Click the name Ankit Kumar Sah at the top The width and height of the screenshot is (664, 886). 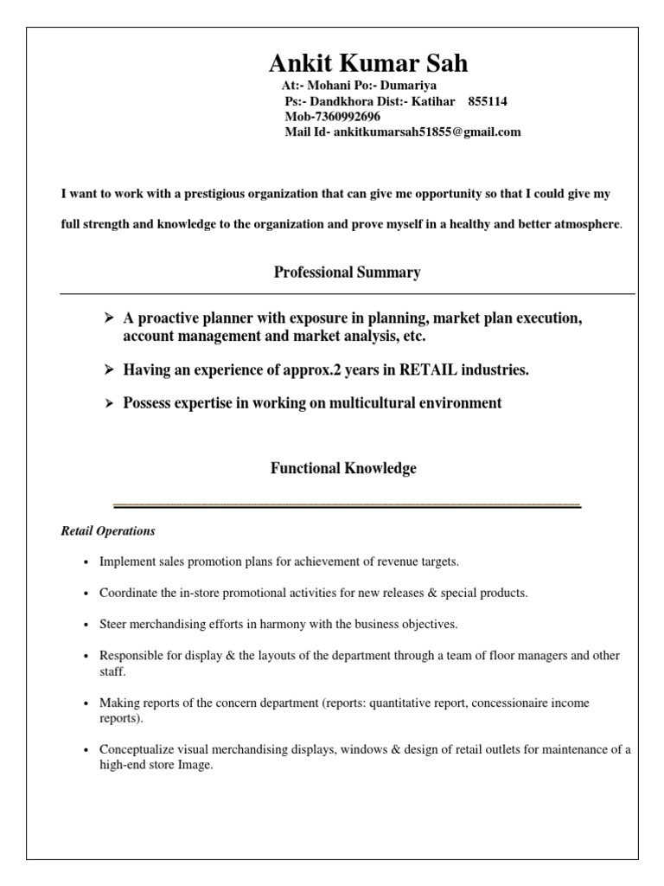[x=368, y=63]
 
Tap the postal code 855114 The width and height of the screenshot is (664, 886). [x=488, y=101]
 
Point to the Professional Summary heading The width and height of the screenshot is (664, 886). [x=347, y=273]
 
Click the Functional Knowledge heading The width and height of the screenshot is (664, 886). [x=343, y=468]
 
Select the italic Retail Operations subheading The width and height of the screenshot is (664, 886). [x=108, y=530]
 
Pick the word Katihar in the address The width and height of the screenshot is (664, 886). [x=437, y=101]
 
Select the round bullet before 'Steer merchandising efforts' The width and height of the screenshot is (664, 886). [x=86, y=625]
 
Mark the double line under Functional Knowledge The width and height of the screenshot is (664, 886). [x=348, y=505]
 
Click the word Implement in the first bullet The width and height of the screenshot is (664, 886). [x=125, y=562]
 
